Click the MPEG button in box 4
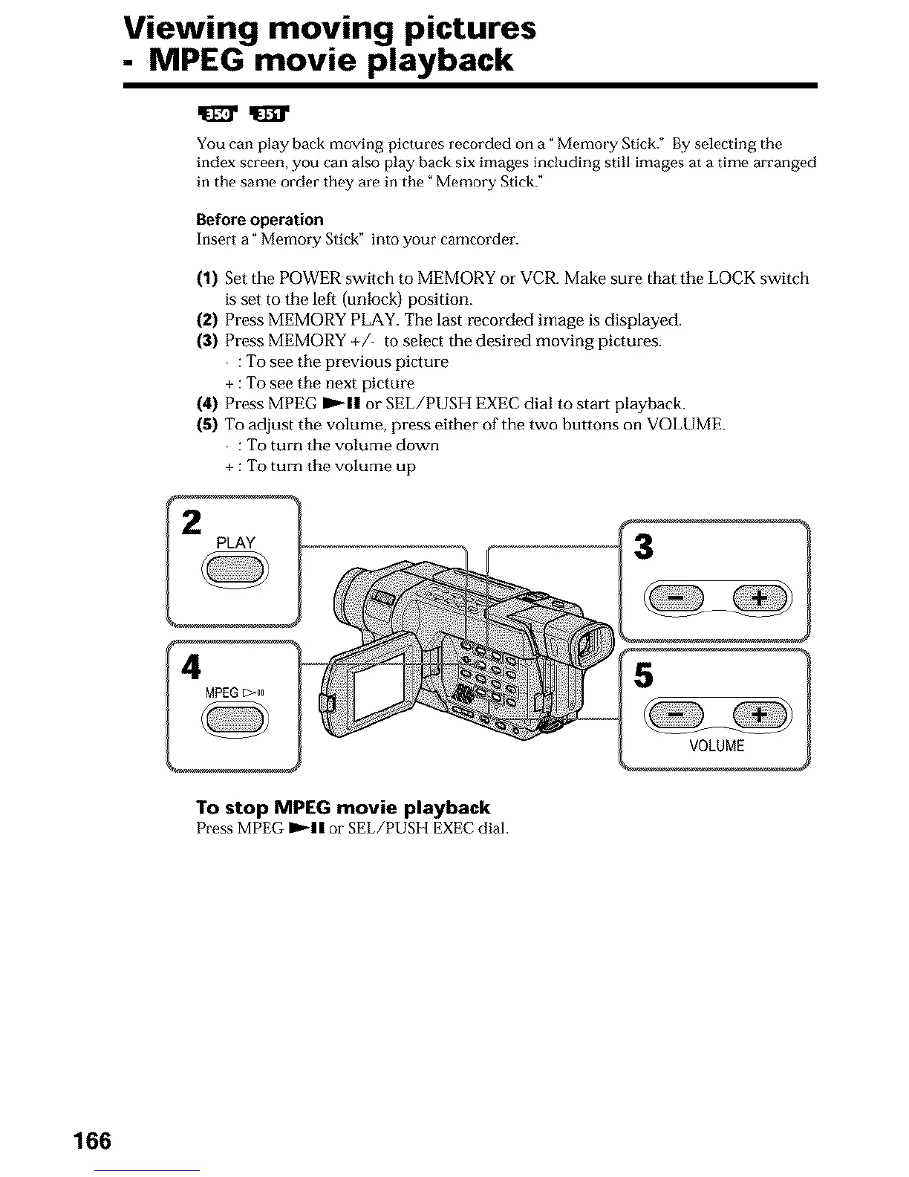click(235, 719)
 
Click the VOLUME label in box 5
click(716, 745)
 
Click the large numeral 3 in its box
click(645, 548)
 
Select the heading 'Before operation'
click(260, 220)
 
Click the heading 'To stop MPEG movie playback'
click(343, 808)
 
